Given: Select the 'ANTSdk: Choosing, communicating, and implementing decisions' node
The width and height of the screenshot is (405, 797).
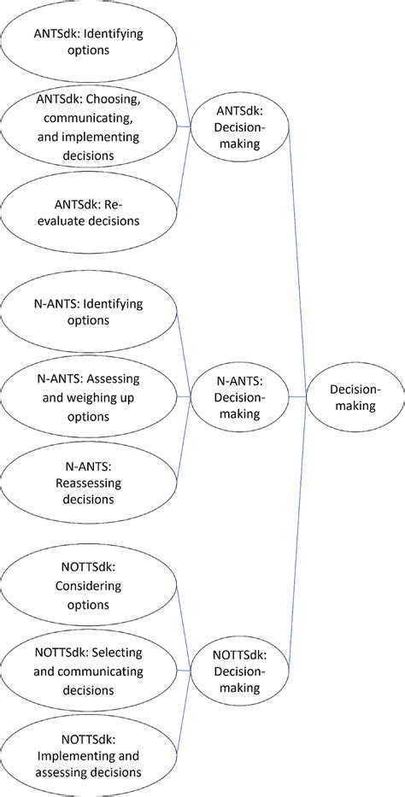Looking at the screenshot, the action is [x=88, y=126].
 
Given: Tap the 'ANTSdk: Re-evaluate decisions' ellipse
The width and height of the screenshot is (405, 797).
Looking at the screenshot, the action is [x=88, y=213].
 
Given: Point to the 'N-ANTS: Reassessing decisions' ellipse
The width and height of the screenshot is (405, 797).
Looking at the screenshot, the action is [x=88, y=482].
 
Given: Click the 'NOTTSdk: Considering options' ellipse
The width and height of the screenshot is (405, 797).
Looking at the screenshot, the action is [x=88, y=586].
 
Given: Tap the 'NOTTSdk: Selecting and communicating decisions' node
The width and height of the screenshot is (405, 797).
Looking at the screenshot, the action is [x=88, y=671].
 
